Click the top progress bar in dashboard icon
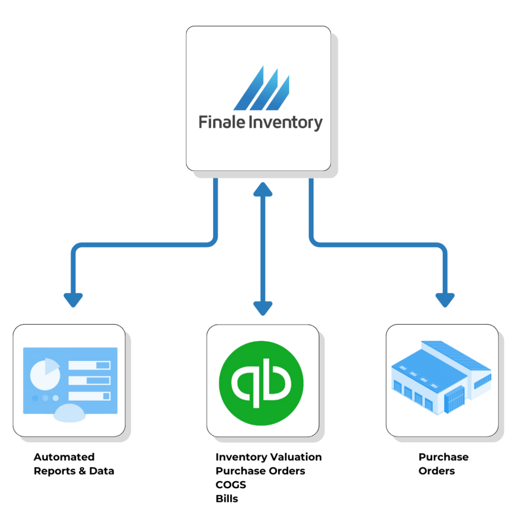coord(89,365)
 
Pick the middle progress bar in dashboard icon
coord(89,380)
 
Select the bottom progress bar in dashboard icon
coord(89,396)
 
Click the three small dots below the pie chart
coord(45,398)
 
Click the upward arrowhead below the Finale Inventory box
coord(262,188)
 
